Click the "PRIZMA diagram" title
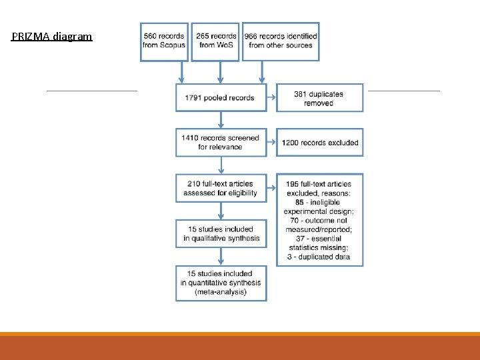(52, 37)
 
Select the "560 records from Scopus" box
(164, 41)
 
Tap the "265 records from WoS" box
(215, 41)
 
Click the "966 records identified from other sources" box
(280, 41)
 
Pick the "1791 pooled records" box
(221, 98)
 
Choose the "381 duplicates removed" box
(319, 98)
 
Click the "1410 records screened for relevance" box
(221, 143)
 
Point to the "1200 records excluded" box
(319, 143)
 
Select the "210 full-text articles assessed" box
(221, 188)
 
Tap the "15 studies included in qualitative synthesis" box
(221, 233)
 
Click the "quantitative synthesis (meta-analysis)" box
(221, 283)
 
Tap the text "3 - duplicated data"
(320, 257)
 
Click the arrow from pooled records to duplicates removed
(271, 98)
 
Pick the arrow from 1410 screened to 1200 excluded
(271, 143)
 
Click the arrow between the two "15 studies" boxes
(221, 257)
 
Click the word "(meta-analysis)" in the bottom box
(221, 292)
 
